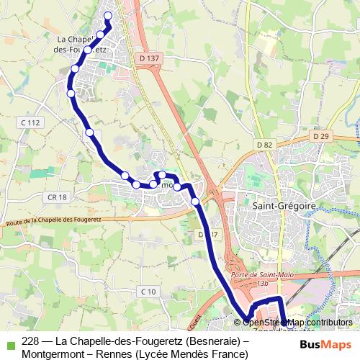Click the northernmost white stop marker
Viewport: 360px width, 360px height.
(109, 16)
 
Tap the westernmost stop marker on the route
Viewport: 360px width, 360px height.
(71, 93)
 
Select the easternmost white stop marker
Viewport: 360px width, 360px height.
(194, 202)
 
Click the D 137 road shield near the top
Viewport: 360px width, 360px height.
(150, 58)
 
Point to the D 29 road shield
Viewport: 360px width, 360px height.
(320, 136)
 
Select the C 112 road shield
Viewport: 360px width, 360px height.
(30, 123)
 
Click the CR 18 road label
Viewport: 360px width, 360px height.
(58, 197)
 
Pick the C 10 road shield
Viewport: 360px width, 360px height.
(148, 291)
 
